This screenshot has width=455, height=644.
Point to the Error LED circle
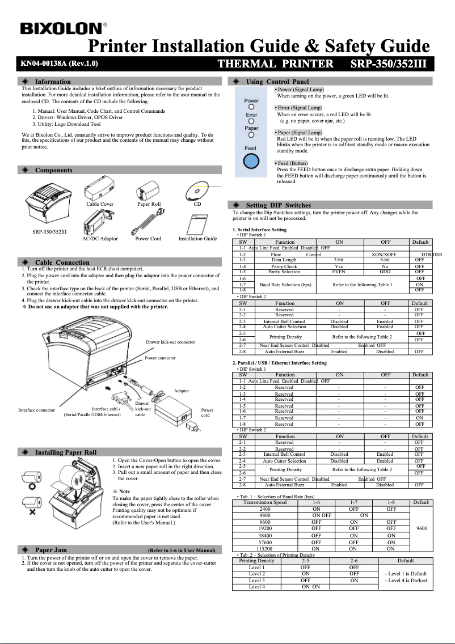(x=251, y=121)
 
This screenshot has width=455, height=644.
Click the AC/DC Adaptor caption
(x=100, y=239)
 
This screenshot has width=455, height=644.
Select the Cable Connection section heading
(x=62, y=262)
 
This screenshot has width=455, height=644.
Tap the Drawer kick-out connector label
(x=170, y=342)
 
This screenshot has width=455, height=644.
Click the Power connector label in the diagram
(x=160, y=358)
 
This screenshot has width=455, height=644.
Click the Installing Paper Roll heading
(x=66, y=452)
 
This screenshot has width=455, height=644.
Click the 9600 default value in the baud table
(x=421, y=528)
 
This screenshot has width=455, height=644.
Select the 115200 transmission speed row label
(x=264, y=549)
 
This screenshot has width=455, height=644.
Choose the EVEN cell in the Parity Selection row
(x=339, y=272)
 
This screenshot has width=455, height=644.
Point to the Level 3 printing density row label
(x=256, y=581)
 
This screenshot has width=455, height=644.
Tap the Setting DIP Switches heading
(x=278, y=205)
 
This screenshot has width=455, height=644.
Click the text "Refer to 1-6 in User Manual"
(x=182, y=550)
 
